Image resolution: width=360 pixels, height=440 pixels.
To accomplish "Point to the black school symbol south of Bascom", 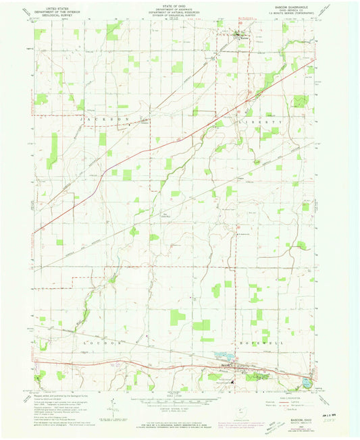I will [233, 380].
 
